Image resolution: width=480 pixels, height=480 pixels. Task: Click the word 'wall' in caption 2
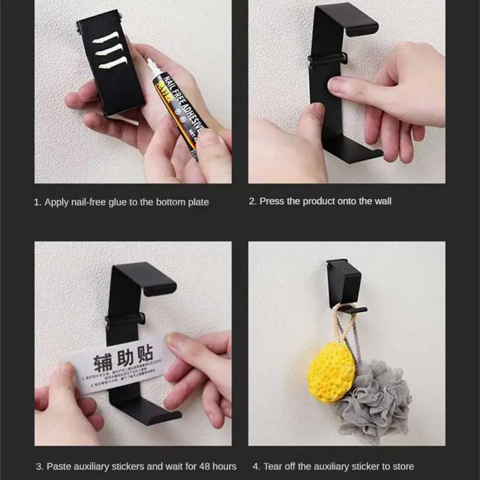tap(380, 201)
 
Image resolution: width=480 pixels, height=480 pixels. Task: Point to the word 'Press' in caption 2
tap(272, 201)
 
